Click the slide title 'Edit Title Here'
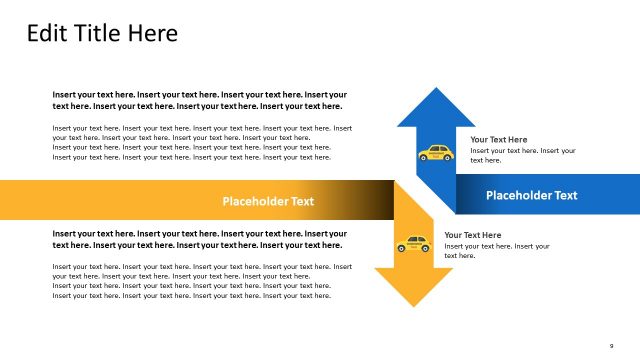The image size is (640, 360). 102,33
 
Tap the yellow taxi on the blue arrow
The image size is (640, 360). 435,153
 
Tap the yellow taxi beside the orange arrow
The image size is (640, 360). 413,244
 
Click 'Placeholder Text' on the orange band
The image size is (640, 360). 268,201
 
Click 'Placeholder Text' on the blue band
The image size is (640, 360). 531,195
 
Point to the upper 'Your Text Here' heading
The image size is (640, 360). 498,139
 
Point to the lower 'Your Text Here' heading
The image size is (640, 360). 472,235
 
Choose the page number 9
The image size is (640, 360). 610,346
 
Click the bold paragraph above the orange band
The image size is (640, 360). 200,100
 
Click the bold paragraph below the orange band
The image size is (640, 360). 200,239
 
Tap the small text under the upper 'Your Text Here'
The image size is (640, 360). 522,155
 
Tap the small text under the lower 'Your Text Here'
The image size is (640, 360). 496,250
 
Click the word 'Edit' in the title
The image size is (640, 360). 46,33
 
